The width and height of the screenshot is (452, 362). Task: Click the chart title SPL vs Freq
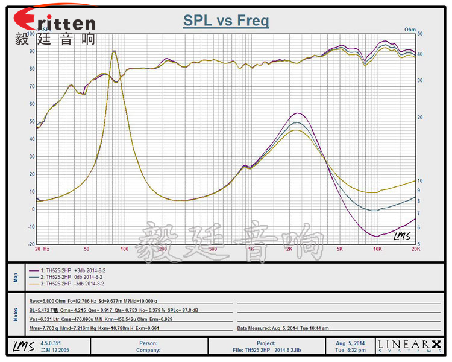(x=226, y=21)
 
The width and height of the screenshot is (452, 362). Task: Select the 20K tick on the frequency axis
(x=415, y=249)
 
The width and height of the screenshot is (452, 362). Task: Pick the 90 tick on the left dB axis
(x=32, y=51)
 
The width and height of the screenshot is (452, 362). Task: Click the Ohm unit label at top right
(x=410, y=29)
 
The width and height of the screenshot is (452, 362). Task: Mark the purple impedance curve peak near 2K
(x=297, y=113)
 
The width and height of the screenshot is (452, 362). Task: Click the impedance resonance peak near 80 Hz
(x=114, y=52)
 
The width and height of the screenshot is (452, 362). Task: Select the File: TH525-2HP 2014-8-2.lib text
(x=266, y=350)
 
